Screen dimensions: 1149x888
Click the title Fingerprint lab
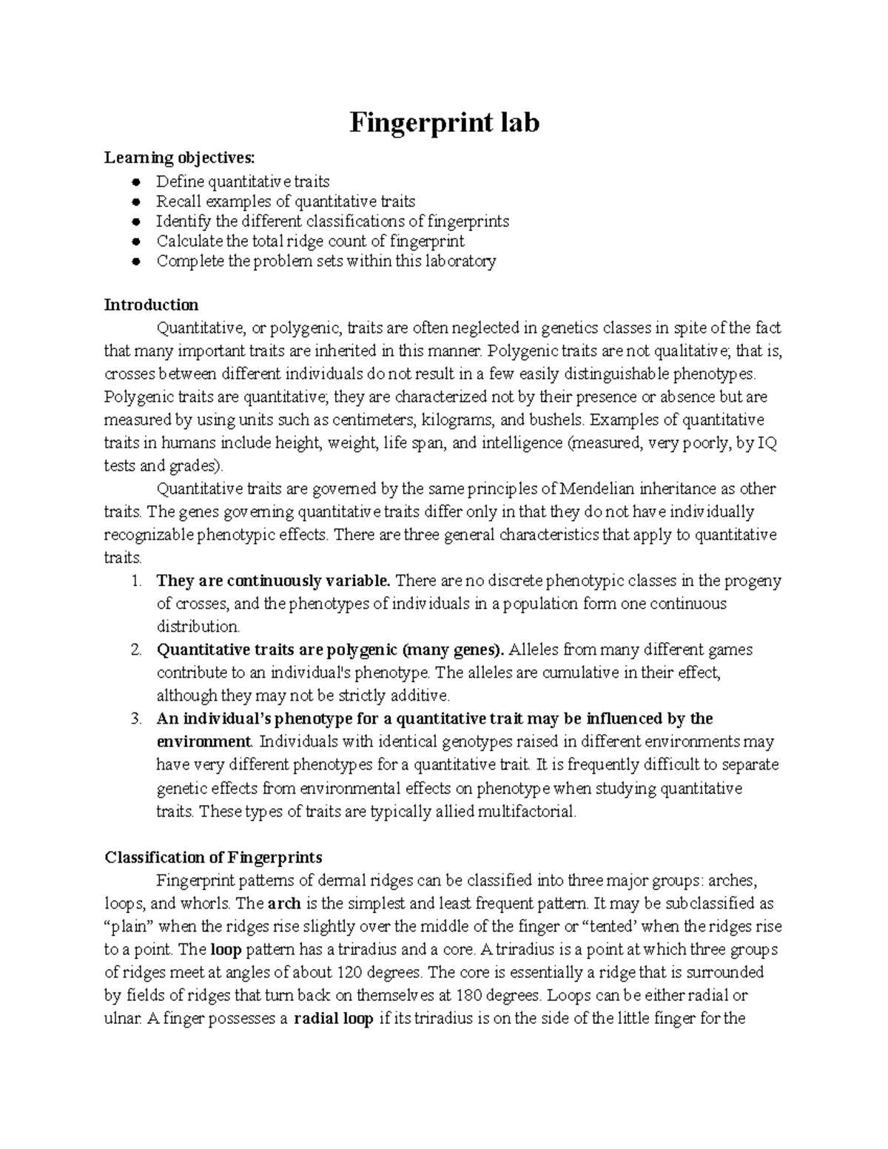(x=444, y=122)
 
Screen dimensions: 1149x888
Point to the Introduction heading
(x=151, y=305)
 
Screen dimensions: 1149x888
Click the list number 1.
(x=135, y=581)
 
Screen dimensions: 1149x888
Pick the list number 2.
(x=135, y=650)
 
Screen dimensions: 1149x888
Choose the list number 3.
(x=135, y=718)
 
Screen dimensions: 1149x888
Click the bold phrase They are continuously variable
(x=278, y=581)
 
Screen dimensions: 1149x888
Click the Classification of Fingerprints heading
(x=213, y=857)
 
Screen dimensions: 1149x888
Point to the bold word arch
(x=283, y=903)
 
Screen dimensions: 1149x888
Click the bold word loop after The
(x=226, y=949)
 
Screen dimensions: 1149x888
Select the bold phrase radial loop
(x=333, y=1019)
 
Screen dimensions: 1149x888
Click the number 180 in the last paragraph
(x=474, y=995)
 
